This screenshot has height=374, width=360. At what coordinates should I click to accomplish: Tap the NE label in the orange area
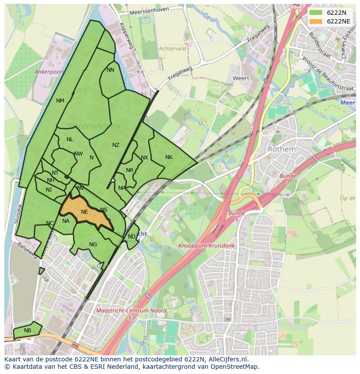(84, 212)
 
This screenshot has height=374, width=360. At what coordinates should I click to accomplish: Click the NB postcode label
(27, 331)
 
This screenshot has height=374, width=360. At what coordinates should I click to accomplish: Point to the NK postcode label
(169, 157)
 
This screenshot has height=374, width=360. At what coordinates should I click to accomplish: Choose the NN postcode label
(110, 70)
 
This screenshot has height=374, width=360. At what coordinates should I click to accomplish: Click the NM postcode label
(60, 101)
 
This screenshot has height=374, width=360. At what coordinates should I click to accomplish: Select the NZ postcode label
(116, 145)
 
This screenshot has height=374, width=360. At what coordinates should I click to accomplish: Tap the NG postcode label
(93, 245)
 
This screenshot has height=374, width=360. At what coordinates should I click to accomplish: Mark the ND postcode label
(132, 237)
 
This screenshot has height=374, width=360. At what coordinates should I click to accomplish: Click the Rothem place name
(281, 149)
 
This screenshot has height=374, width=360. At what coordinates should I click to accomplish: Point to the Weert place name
(241, 78)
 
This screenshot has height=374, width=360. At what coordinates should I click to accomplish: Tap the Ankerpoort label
(49, 72)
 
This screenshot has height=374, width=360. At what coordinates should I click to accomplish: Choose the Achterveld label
(172, 49)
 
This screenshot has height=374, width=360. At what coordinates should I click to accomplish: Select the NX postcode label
(144, 158)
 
